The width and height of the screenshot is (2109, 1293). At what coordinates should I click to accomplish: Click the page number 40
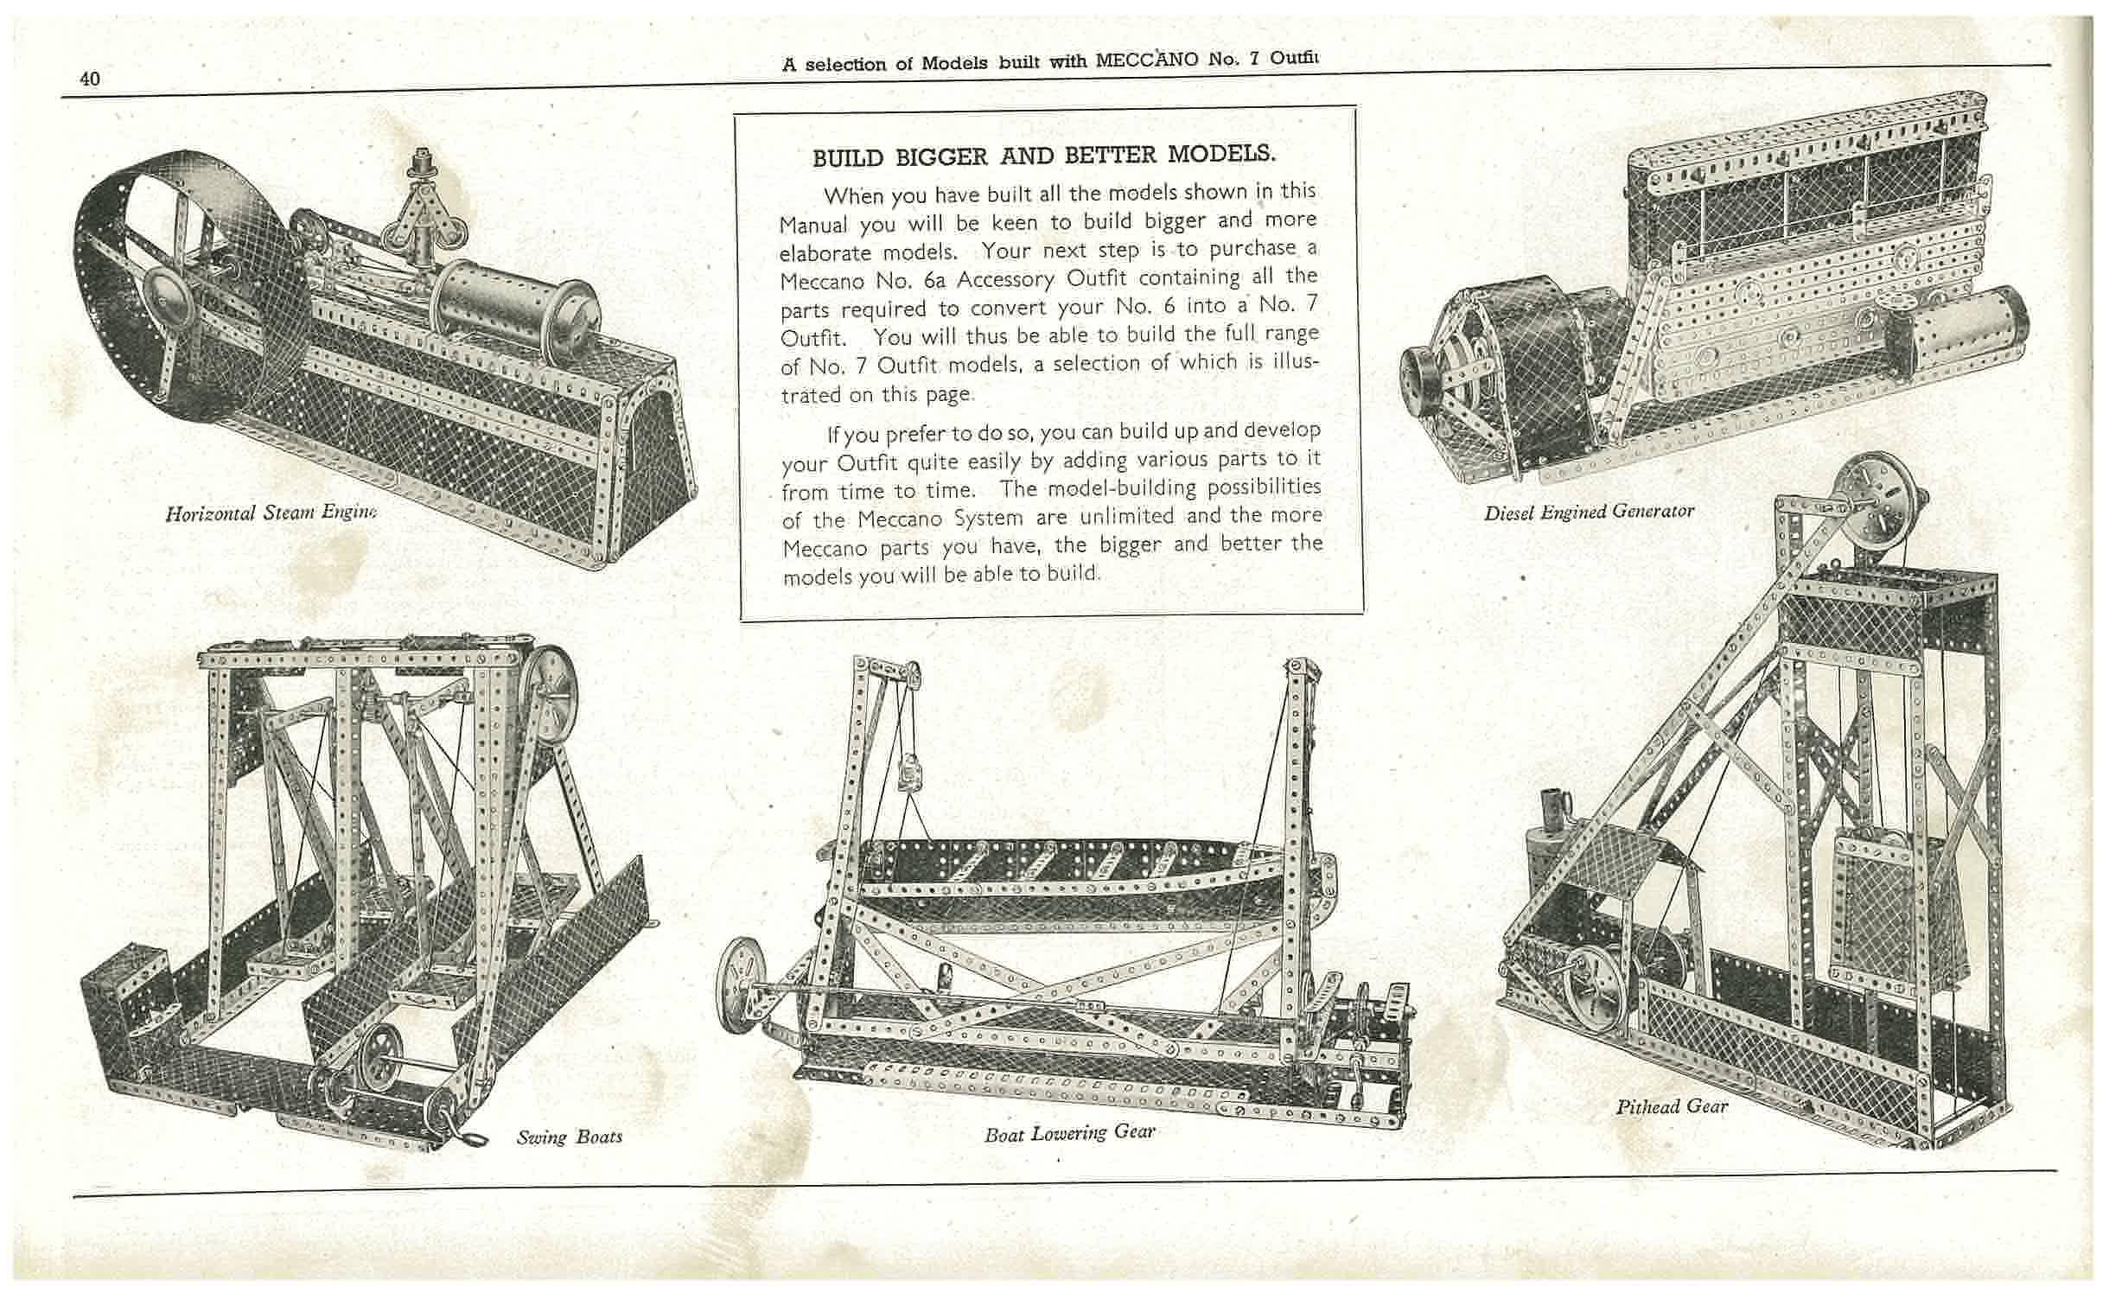pos(90,79)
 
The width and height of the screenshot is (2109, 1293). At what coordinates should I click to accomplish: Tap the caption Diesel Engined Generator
pos(1589,512)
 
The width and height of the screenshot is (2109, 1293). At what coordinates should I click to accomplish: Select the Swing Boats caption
pos(570,1137)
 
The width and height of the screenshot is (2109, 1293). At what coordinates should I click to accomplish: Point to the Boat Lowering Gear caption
pos(1069,1132)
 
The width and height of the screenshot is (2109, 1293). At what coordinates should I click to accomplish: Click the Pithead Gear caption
pos(1672,1106)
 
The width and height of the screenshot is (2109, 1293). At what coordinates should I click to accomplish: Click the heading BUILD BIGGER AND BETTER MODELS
pos(1043,156)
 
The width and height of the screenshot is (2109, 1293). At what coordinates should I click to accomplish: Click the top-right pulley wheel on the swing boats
pos(553,683)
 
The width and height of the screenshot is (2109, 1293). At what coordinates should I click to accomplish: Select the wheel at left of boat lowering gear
pos(743,985)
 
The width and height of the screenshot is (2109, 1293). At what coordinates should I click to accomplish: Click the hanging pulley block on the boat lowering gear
pos(909,771)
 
